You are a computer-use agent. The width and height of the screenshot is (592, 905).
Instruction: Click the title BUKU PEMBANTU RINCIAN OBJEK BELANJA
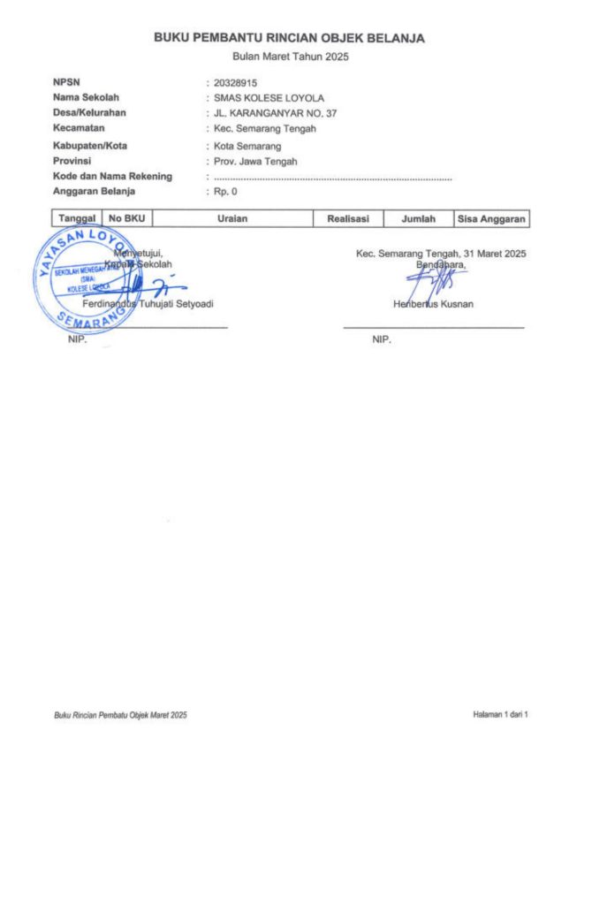click(x=289, y=38)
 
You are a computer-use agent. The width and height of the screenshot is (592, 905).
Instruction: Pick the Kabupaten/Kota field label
click(x=90, y=146)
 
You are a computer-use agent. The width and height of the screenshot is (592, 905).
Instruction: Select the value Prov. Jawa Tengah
click(x=255, y=161)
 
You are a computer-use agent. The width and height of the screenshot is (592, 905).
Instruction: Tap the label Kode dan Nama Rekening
click(x=112, y=177)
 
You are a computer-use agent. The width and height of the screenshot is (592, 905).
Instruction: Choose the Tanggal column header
click(x=77, y=218)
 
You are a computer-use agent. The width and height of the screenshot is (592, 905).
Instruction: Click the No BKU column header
click(x=127, y=218)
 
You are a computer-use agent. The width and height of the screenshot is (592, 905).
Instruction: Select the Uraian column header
click(x=232, y=218)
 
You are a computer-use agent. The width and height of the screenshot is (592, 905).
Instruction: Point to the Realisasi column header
click(x=348, y=218)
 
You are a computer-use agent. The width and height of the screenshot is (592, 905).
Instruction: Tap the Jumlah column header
click(x=418, y=218)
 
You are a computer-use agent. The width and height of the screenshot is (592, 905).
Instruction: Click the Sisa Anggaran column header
click(x=491, y=218)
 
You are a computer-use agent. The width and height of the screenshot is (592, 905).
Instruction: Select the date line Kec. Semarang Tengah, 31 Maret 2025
click(x=440, y=254)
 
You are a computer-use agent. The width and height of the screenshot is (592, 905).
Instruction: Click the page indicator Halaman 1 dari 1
click(x=500, y=713)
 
